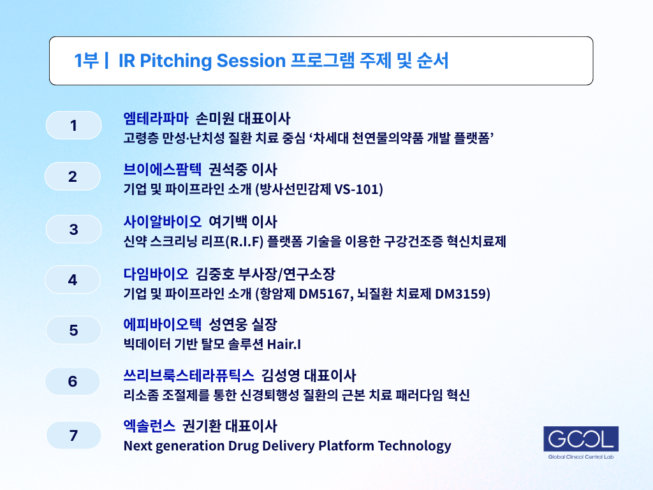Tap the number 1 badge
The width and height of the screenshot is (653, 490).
(74, 126)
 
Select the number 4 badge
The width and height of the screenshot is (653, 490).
(73, 279)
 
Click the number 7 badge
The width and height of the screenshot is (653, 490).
(74, 435)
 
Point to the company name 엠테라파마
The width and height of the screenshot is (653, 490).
(156, 118)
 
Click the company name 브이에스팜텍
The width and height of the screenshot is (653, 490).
(163, 169)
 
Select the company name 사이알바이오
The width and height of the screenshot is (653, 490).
(163, 221)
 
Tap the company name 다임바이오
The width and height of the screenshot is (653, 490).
(156, 274)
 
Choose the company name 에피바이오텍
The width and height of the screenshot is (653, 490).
(163, 324)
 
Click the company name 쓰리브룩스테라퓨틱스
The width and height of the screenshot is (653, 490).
(189, 375)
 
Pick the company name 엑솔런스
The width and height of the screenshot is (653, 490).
(149, 426)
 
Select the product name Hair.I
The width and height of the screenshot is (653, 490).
(284, 344)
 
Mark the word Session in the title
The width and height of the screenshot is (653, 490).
(251, 61)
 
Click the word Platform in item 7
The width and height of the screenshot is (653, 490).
(346, 445)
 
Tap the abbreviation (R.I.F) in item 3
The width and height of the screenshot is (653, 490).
(244, 242)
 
